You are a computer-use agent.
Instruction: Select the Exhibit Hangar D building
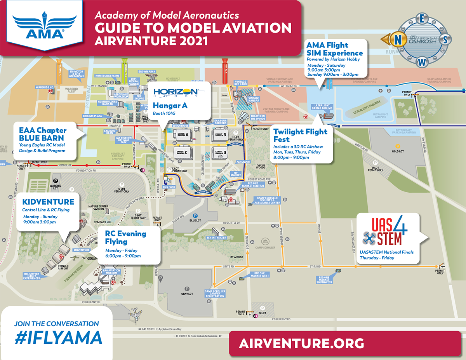(x=219, y=153)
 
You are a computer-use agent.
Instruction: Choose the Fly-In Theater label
(x=216, y=238)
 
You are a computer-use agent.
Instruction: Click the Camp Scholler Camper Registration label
(x=215, y=294)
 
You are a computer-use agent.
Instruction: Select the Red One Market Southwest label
(x=324, y=280)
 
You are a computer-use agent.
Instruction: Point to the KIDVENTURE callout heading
(x=48, y=202)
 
